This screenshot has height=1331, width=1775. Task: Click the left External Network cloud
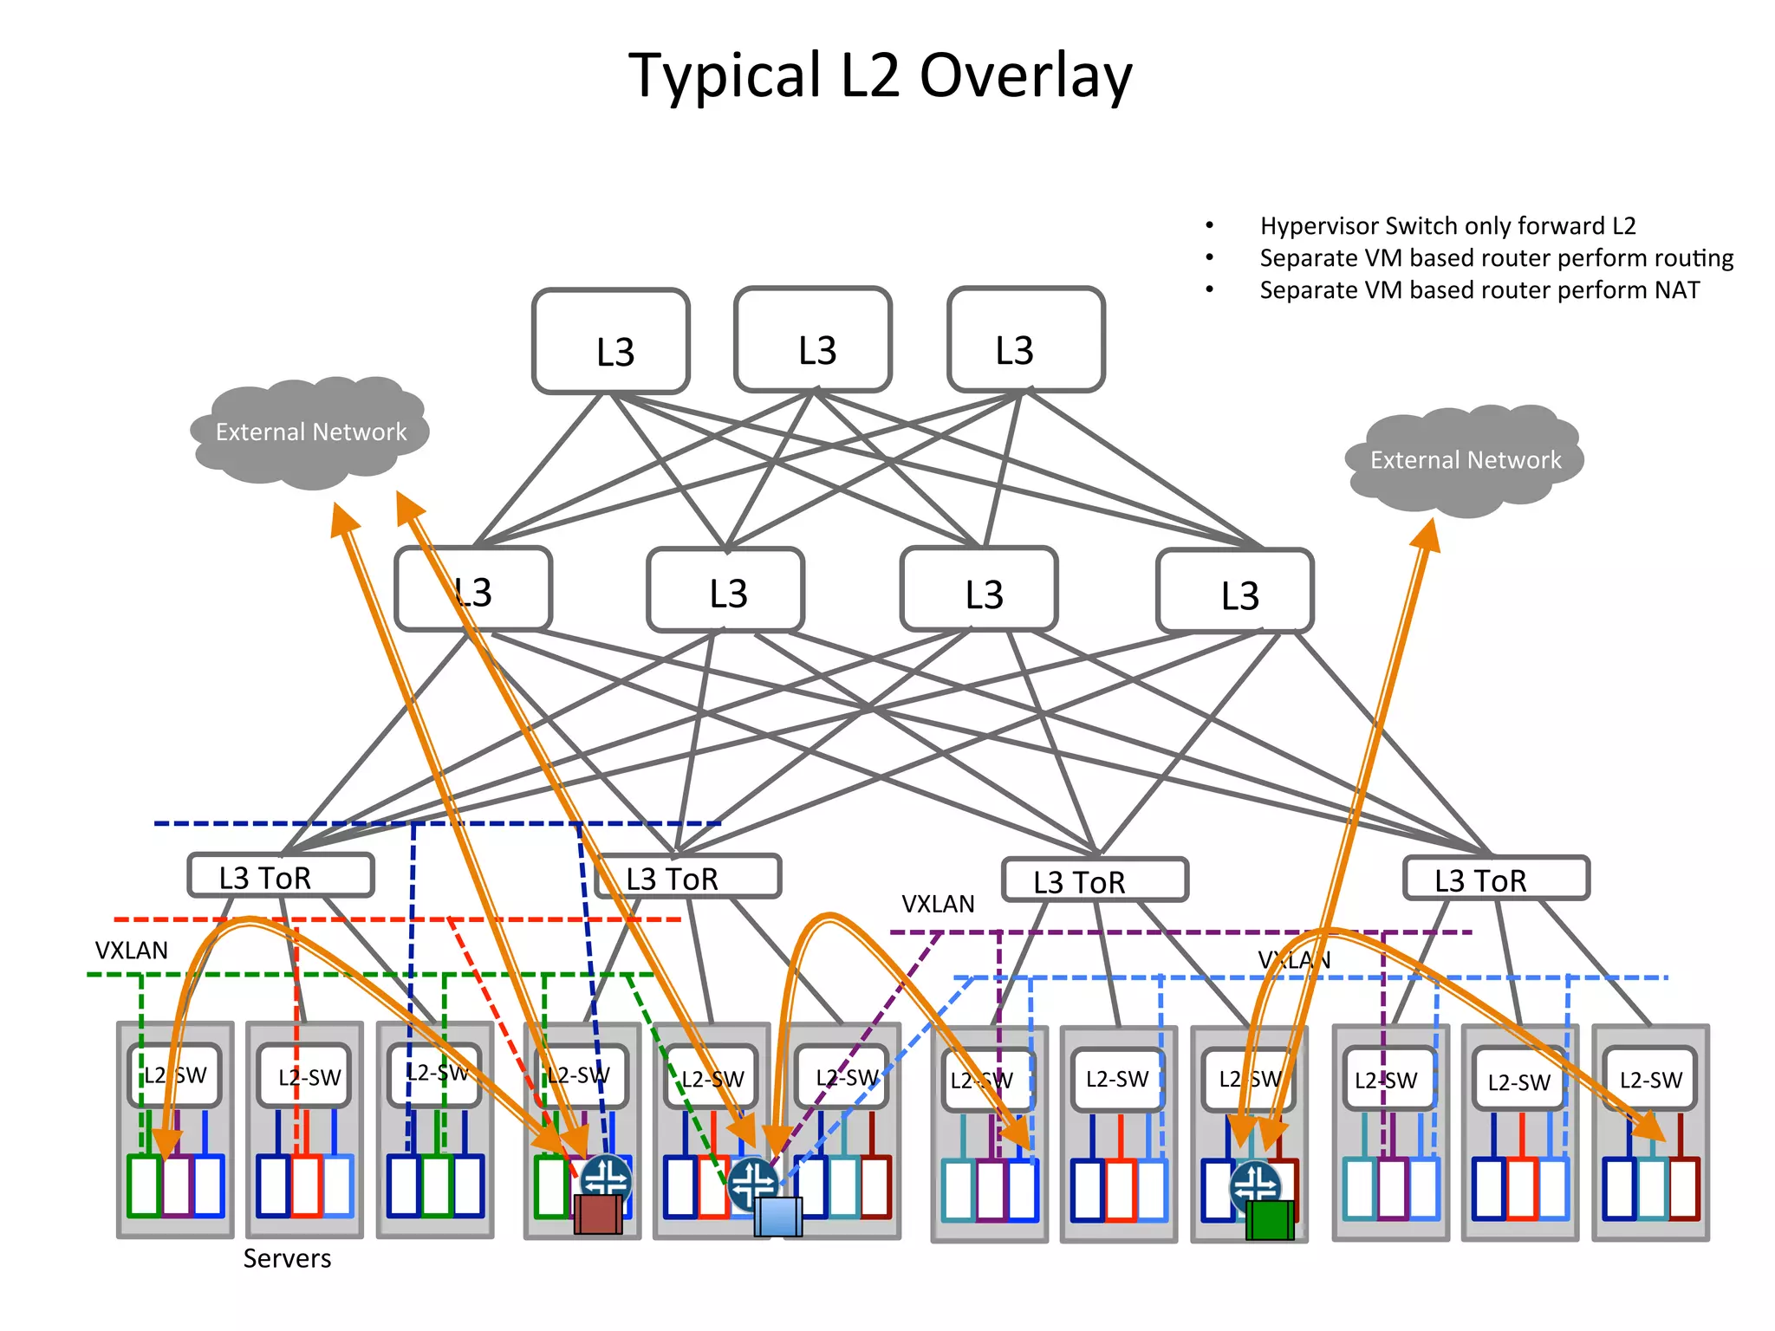[x=310, y=432]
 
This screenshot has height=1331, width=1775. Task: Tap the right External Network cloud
[x=1465, y=460]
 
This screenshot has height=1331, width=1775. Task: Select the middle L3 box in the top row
[x=813, y=341]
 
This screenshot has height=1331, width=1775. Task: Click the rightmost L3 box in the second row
[x=1235, y=591]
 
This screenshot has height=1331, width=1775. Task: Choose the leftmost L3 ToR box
[x=281, y=876]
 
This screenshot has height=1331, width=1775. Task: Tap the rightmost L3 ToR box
[x=1496, y=879]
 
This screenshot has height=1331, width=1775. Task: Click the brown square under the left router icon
[x=598, y=1214]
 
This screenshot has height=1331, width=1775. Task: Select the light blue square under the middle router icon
[x=777, y=1216]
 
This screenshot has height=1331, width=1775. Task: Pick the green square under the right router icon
[x=1270, y=1219]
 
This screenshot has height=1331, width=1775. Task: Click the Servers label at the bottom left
[x=287, y=1258]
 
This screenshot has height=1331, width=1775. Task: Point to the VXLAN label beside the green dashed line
[x=131, y=951]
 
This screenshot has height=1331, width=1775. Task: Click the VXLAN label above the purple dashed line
[x=938, y=904]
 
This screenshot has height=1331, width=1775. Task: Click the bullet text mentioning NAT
[x=1479, y=290]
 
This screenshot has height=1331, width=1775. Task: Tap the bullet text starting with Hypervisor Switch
[x=1447, y=226]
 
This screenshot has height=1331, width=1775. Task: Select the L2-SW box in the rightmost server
[x=1650, y=1080]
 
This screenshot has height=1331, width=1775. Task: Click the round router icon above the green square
[x=1254, y=1185]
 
